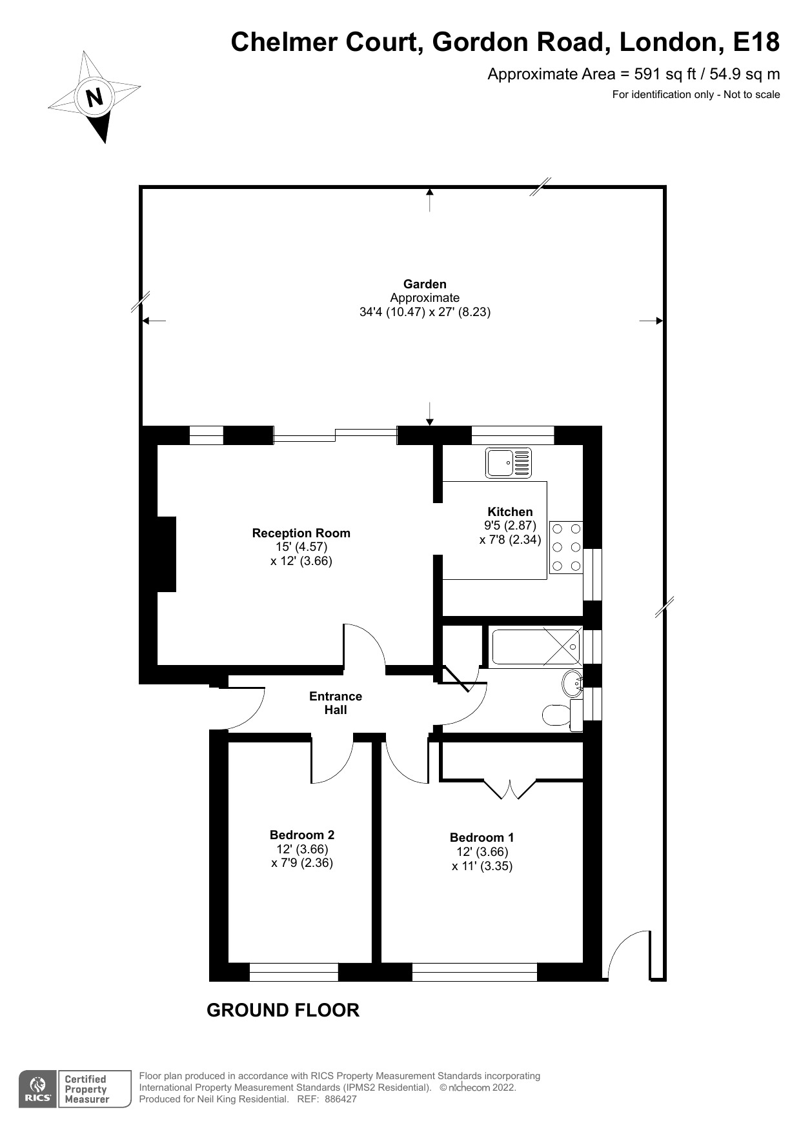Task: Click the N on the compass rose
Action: tap(95, 97)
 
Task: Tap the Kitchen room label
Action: tap(510, 511)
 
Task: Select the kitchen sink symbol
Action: tap(509, 462)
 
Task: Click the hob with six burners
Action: tap(566, 548)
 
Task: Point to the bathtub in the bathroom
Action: tap(536, 647)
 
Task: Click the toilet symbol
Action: tap(556, 715)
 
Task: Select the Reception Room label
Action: tap(301, 533)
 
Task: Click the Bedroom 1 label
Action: tap(482, 837)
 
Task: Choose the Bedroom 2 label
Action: tap(302, 834)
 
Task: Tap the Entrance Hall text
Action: tap(336, 703)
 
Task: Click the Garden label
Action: tap(425, 284)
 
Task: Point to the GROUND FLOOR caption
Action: tap(283, 1010)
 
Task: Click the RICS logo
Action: tap(38, 1089)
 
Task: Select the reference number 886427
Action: tap(340, 1099)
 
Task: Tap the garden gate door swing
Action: tap(627, 955)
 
